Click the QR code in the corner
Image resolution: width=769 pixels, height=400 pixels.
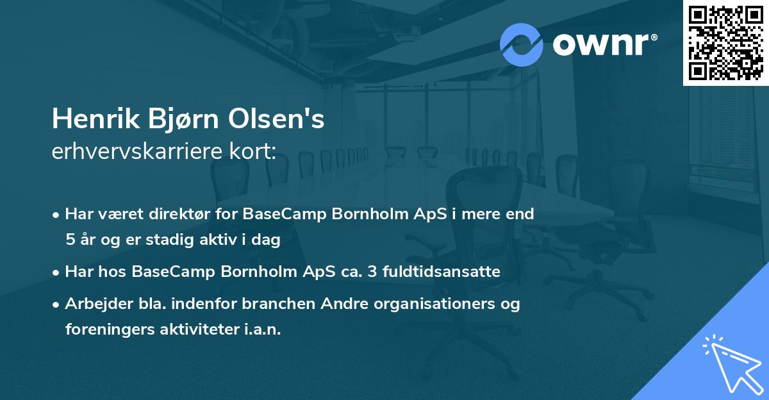[x=725, y=42]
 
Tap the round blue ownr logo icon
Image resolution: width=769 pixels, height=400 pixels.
[x=521, y=44]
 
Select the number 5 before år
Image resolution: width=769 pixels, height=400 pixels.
[x=69, y=240]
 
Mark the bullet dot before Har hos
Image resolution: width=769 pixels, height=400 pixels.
[x=57, y=272]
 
